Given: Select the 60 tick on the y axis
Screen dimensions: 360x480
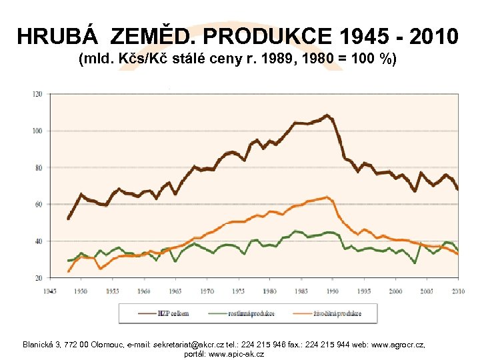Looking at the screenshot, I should coord(37,205).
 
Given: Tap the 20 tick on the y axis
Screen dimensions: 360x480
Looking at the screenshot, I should coord(37,277).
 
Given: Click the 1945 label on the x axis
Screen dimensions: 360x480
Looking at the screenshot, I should coord(50,291).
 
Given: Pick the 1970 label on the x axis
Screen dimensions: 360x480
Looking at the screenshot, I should coord(208,291).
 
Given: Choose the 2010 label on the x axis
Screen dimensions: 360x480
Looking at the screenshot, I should coord(459,291).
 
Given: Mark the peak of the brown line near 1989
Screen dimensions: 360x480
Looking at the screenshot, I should coord(327,115).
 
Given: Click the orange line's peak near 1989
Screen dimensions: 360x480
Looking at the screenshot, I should coord(327,197).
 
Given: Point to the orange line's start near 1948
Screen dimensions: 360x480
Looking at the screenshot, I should coord(69,271).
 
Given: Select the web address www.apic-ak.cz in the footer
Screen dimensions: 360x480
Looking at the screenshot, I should coord(237,353).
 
